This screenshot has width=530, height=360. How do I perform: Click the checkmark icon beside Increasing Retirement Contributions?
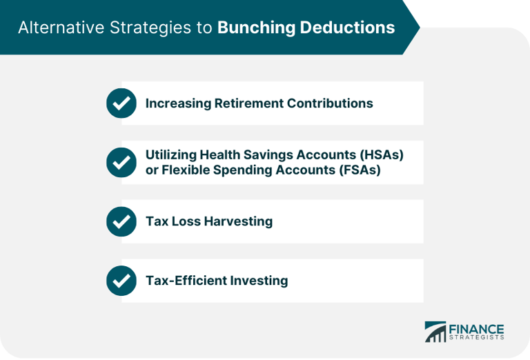[121, 103]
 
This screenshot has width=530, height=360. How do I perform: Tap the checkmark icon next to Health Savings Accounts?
[121, 163]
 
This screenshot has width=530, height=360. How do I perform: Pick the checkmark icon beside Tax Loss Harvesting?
[121, 222]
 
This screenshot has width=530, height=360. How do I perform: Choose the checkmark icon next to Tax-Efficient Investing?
[121, 281]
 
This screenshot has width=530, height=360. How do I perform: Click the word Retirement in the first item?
[246, 103]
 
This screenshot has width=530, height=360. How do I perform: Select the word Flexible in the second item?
[179, 170]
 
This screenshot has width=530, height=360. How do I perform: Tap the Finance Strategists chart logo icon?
[435, 332]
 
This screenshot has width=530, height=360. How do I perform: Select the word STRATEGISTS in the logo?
[477, 338]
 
